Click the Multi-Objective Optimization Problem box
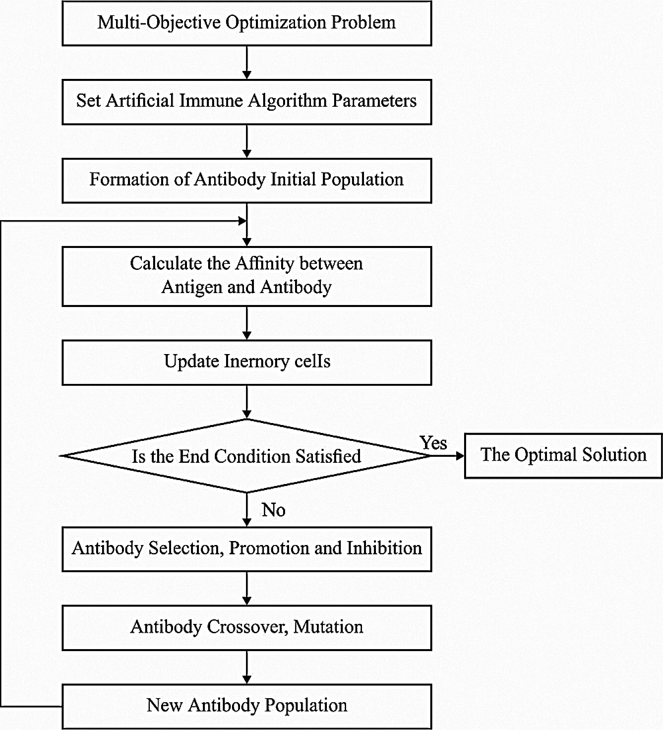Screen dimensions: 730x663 (x=247, y=23)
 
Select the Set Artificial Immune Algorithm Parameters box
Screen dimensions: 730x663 (x=247, y=101)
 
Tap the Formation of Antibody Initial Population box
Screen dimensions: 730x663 (x=247, y=180)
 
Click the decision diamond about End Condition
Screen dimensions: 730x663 (x=247, y=456)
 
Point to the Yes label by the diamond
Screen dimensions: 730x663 (x=433, y=443)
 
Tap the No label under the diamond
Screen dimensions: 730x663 (x=273, y=510)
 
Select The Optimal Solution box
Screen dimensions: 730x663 (x=563, y=455)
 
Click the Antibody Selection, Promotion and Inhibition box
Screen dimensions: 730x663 (x=247, y=549)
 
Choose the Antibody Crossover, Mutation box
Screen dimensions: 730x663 (x=247, y=627)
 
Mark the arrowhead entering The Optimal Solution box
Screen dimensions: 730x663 (x=460, y=456)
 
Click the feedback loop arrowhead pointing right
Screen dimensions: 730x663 (x=242, y=221)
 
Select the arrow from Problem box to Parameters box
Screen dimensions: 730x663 (x=247, y=62)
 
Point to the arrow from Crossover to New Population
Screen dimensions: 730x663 (x=247, y=667)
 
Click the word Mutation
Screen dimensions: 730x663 (x=328, y=627)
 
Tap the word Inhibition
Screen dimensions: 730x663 (x=384, y=548)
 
